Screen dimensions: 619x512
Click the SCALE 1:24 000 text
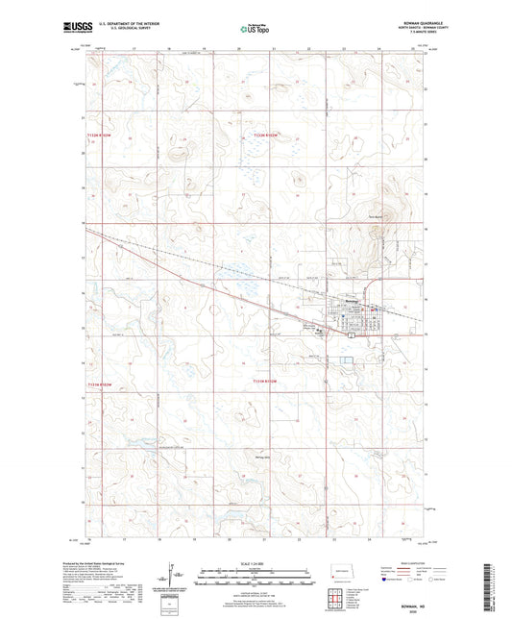pyautogui.click(x=256, y=563)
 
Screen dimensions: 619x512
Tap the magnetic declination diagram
pyautogui.click(x=172, y=578)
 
